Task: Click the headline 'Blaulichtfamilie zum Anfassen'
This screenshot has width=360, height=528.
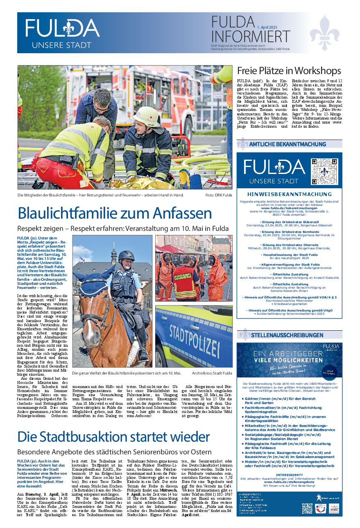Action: tap(115, 214)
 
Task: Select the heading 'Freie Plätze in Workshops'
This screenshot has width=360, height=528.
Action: tap(289, 71)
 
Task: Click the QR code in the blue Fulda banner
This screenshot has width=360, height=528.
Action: tap(324, 171)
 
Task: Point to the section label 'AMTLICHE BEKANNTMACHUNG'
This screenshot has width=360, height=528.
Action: tap(288, 144)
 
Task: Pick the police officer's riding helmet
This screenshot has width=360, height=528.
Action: tap(127, 256)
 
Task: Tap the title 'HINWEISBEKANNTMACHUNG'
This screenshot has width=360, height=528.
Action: tap(290, 194)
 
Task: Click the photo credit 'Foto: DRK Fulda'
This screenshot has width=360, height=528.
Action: tap(218, 195)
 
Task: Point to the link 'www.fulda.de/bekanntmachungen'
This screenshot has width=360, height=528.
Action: tap(290, 208)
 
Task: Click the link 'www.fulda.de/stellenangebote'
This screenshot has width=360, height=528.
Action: tap(290, 483)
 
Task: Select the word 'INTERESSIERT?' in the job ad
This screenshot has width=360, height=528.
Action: tap(290, 475)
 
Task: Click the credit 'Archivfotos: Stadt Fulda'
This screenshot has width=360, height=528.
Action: tap(212, 373)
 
